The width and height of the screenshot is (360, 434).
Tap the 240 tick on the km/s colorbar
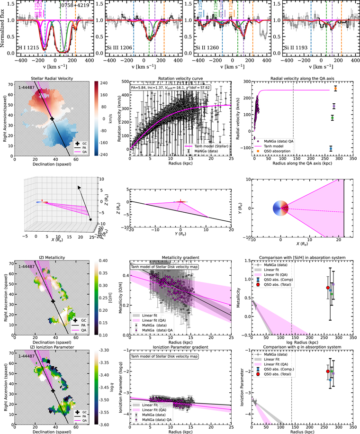point(103,82)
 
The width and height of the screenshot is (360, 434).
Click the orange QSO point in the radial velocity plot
point(335,89)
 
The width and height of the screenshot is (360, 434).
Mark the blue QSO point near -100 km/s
point(331,148)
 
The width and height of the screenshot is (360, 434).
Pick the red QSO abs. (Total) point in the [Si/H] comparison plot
point(328,288)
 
